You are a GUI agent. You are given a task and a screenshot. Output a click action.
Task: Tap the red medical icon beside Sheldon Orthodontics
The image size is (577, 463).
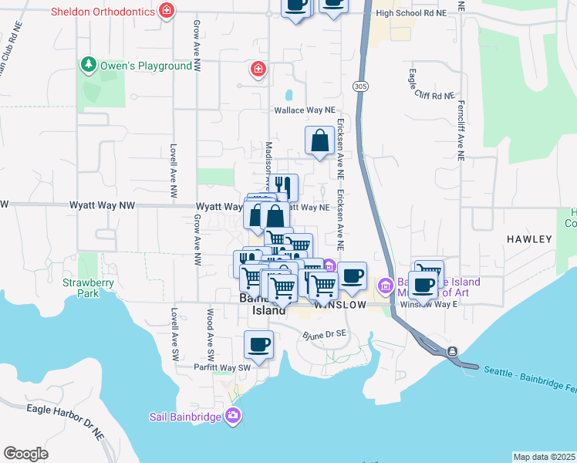pyautogui.click(x=165, y=11)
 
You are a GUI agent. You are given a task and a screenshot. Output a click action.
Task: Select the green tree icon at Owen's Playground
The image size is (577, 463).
pyautogui.click(x=89, y=65)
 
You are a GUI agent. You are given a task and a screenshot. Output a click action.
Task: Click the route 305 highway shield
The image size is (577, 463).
pyautogui.click(x=360, y=86)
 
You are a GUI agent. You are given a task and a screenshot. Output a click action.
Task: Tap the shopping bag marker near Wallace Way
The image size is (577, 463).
pyautogui.click(x=319, y=140)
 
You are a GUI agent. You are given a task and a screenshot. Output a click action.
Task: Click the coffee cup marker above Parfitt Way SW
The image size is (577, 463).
pyautogui.click(x=259, y=344)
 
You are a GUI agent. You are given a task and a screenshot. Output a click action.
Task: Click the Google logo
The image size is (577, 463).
pyautogui.click(x=26, y=454)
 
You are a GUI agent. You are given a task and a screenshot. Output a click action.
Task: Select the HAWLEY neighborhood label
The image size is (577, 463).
pyautogui.click(x=529, y=239)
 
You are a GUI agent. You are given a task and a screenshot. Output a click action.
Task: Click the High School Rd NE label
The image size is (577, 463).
pyautogui.click(x=410, y=14)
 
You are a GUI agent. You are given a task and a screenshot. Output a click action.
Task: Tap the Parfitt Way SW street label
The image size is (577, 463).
pyautogui.click(x=223, y=367)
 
